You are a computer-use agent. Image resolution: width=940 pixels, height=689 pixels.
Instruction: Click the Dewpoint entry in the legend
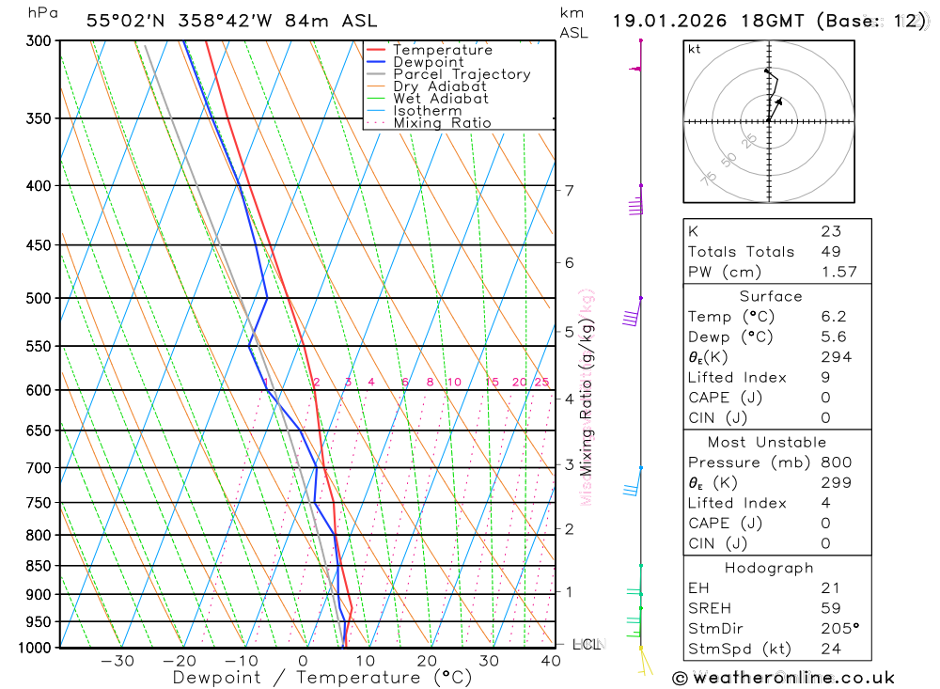[428, 62]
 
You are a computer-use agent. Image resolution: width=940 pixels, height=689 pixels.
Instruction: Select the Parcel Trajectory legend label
[462, 74]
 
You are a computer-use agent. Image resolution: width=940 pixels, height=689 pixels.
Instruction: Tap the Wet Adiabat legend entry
[440, 99]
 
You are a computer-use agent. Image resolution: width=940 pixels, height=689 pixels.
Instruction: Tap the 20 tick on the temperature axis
[427, 661]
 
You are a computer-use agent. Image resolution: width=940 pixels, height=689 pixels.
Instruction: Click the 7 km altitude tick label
[570, 191]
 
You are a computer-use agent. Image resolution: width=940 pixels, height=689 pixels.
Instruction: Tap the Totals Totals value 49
[830, 252]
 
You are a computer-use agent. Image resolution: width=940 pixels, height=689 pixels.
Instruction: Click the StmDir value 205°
[838, 629]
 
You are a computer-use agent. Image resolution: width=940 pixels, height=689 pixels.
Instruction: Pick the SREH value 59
[830, 608]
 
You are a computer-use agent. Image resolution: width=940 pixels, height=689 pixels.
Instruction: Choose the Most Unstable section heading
[768, 442]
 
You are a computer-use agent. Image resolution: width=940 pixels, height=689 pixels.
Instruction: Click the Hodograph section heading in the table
[769, 568]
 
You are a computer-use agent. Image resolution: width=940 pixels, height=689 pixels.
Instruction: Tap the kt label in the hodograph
[695, 49]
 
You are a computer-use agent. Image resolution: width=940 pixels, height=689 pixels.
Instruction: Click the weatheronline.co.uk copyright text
[783, 678]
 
